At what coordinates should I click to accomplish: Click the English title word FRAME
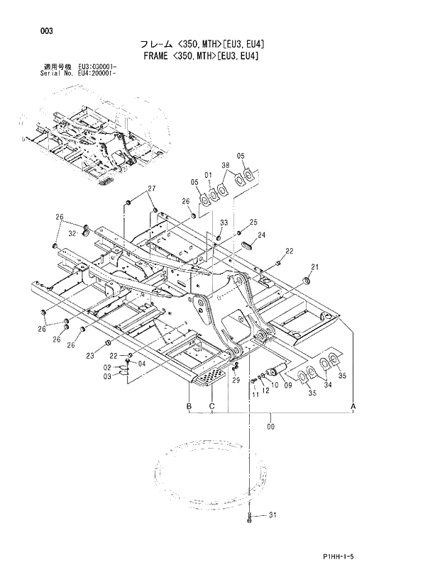pyautogui.click(x=155, y=55)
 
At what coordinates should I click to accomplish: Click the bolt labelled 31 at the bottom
pyautogui.click(x=251, y=519)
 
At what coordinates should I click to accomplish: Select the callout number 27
pyautogui.click(x=151, y=188)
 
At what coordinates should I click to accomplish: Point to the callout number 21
pyautogui.click(x=314, y=267)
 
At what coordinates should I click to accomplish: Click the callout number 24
pyautogui.click(x=262, y=235)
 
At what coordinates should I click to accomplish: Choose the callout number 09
pyautogui.click(x=287, y=386)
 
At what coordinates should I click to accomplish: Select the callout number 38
pyautogui.click(x=225, y=165)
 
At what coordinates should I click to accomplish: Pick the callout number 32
pyautogui.click(x=72, y=232)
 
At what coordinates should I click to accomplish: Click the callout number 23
pyautogui.click(x=90, y=356)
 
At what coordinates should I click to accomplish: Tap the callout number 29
pyautogui.click(x=236, y=380)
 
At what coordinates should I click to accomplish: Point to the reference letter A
pyautogui.click(x=353, y=405)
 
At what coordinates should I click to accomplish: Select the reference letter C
pyautogui.click(x=211, y=405)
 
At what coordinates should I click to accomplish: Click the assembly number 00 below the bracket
pyautogui.click(x=270, y=427)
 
